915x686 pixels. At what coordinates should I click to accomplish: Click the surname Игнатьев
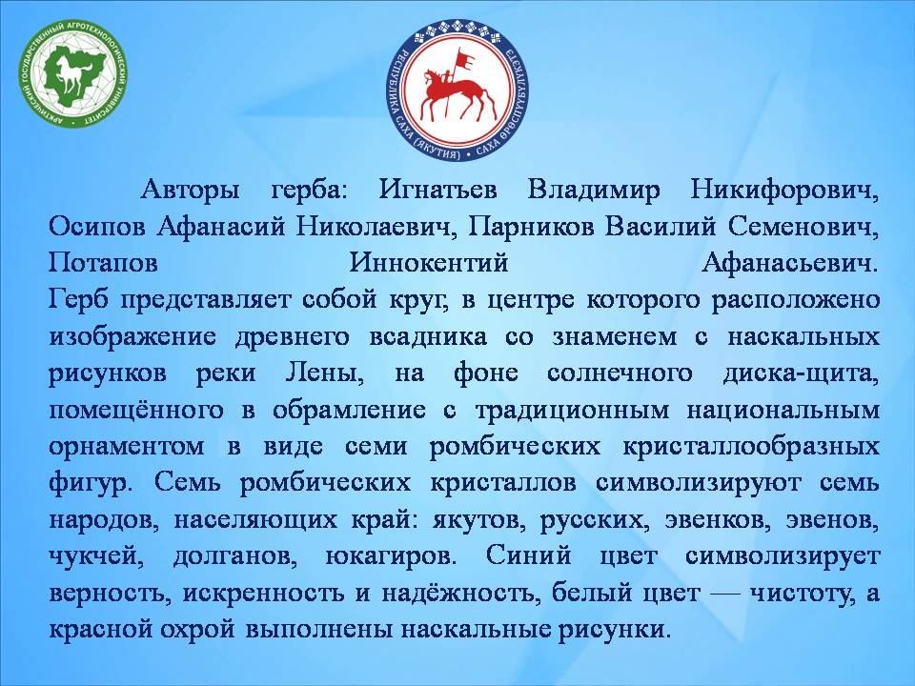[437, 190]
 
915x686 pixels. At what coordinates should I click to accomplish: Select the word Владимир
[594, 191]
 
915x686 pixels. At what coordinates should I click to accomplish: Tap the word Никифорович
[784, 191]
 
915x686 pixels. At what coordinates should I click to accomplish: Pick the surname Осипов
[97, 227]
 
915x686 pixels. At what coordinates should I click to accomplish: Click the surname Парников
[532, 227]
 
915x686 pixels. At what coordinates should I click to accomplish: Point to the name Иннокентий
[428, 263]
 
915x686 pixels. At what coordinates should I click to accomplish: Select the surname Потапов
[103, 263]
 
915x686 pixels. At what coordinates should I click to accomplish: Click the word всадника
[428, 337]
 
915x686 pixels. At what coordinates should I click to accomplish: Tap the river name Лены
[325, 373]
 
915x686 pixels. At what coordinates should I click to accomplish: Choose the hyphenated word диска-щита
[801, 373]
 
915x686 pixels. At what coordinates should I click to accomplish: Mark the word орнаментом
[127, 447]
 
